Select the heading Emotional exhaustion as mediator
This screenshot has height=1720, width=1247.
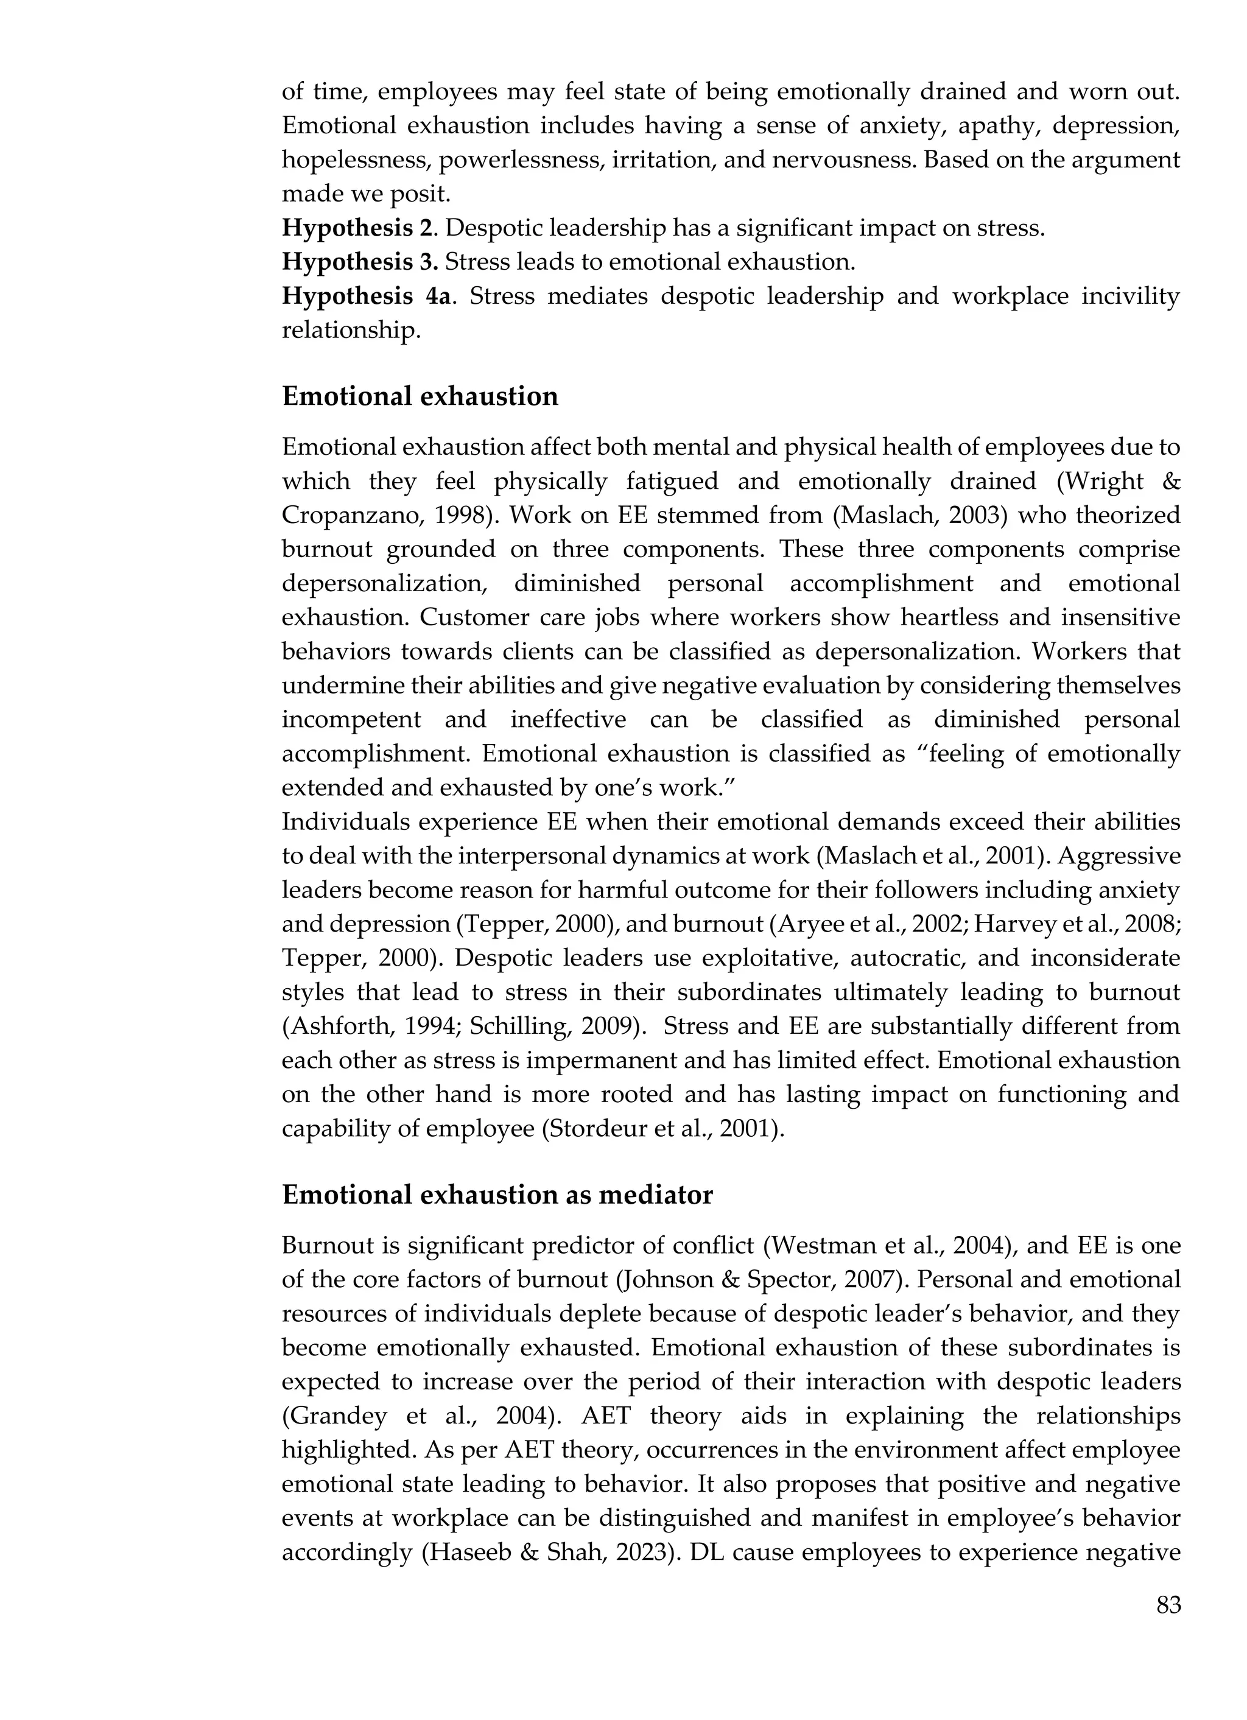497,1195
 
